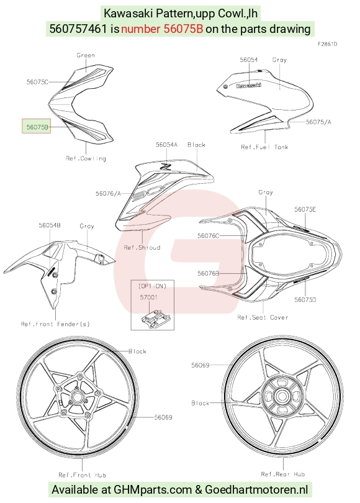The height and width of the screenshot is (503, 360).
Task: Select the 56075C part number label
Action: point(37,82)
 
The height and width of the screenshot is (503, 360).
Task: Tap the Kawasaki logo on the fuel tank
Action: point(248,85)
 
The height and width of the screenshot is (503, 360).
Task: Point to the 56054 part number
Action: point(249,60)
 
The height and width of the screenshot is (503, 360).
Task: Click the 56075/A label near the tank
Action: point(318,122)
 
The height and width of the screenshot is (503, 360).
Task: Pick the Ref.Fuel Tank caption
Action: point(264,147)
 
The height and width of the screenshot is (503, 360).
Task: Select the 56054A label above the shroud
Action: point(166,145)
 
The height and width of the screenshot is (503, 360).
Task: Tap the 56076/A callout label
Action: point(108,193)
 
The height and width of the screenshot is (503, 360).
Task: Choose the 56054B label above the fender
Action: point(50,225)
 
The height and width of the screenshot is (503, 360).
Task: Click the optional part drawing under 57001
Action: point(155,319)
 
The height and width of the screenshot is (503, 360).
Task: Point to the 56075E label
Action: point(305,209)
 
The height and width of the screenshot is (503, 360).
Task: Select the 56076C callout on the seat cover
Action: point(209,236)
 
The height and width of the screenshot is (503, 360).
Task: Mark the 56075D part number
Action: point(305,299)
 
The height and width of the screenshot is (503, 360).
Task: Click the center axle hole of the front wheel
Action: point(76,397)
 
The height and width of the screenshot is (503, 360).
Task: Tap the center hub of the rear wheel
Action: point(282,396)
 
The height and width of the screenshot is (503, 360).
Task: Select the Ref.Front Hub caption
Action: point(82,475)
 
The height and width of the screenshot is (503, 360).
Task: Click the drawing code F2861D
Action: point(327,44)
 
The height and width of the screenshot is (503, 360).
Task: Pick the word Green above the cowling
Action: point(86,55)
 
